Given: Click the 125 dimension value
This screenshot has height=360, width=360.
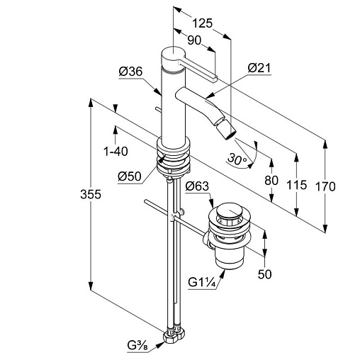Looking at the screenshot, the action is pos(203,23).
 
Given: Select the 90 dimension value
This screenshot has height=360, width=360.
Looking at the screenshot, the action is pos(194,40).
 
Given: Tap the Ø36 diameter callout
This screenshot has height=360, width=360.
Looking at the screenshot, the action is pos(130,72).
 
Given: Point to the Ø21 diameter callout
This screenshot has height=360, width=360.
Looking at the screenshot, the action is pos(259,68).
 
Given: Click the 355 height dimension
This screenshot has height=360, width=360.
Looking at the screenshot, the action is pos(91,194).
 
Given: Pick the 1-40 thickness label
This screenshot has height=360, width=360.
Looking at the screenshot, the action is pos(116,151).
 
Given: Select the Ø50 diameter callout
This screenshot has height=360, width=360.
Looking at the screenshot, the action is pos(130,176).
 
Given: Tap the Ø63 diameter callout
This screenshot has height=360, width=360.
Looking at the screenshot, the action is pos(197,186).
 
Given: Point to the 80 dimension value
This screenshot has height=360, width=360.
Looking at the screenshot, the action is pos(271,181).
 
